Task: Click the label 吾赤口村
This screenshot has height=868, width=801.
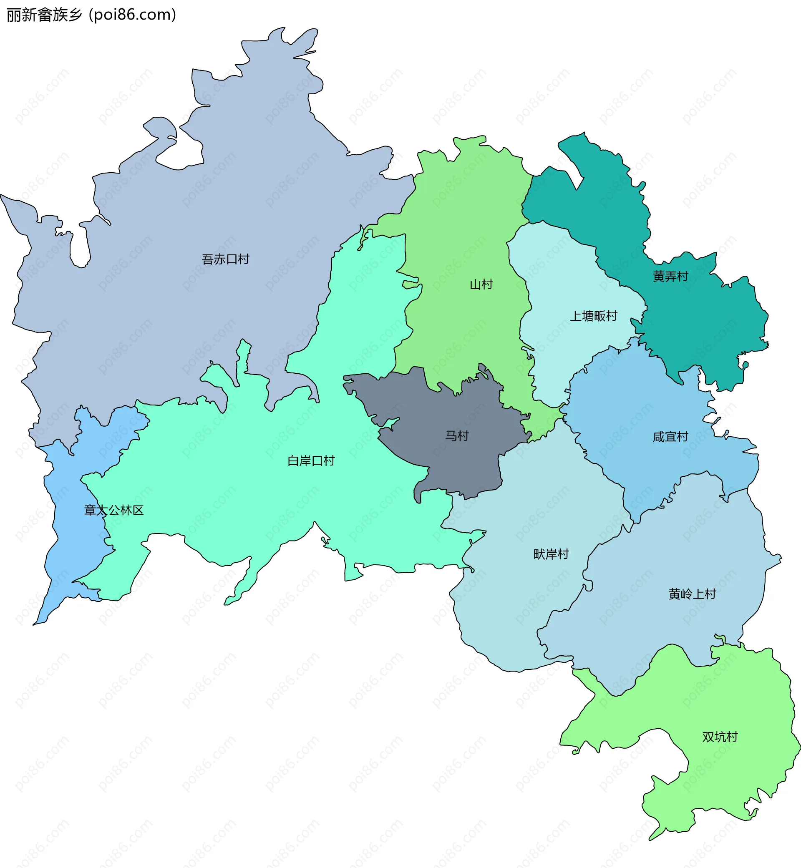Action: (225, 259)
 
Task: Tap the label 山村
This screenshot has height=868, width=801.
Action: (481, 284)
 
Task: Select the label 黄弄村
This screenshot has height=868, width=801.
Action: (670, 276)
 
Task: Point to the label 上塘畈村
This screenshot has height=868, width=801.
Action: (593, 316)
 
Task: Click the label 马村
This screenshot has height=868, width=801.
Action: (457, 435)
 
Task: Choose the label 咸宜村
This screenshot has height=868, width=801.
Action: (670, 436)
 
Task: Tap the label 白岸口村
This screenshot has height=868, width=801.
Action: (311, 460)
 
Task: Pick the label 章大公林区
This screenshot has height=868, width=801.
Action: (113, 510)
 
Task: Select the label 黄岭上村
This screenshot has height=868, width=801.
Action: (692, 594)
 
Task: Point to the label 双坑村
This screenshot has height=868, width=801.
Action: (720, 737)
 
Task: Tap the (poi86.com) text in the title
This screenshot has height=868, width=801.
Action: (133, 15)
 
